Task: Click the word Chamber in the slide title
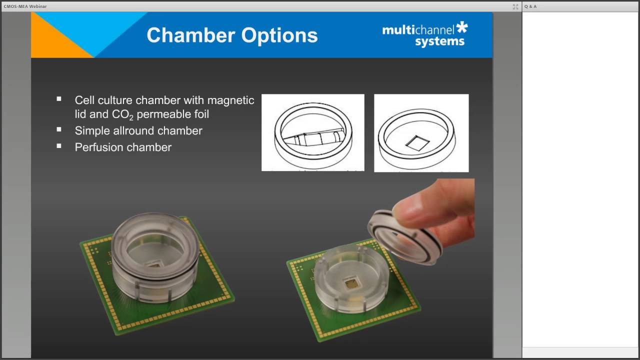tap(189, 35)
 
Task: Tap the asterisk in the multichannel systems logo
tap(462, 28)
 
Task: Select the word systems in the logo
tap(440, 42)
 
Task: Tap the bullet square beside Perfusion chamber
tap(59, 146)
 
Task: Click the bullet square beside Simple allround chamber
tap(59, 129)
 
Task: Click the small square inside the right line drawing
tap(417, 144)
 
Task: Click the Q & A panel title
tap(530, 6)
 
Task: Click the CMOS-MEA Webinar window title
tap(25, 6)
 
